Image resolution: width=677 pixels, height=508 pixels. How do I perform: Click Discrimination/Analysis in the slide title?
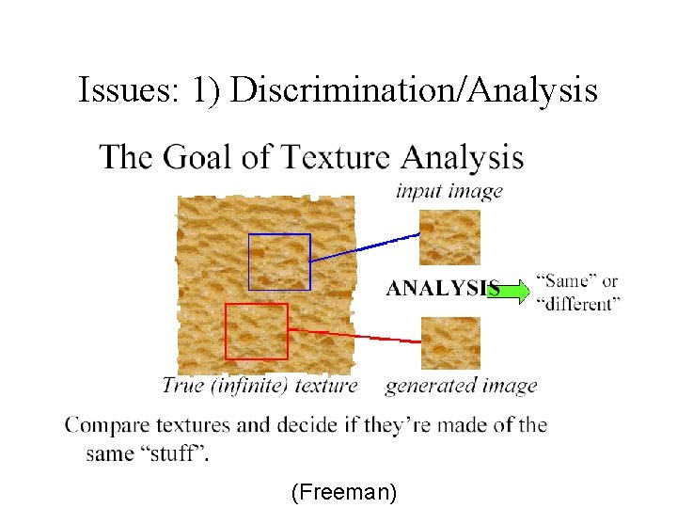(x=414, y=90)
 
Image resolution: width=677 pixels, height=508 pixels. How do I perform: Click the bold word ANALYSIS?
(x=442, y=289)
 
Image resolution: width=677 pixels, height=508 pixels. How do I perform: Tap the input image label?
(x=449, y=191)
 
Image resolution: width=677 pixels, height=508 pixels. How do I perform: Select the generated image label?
(x=461, y=385)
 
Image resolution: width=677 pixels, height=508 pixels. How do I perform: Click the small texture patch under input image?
(x=449, y=237)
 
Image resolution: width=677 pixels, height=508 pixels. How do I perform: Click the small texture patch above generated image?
(x=449, y=342)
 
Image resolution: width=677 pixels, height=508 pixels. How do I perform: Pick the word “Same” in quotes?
(x=563, y=280)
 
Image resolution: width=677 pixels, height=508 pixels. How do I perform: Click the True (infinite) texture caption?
(x=260, y=385)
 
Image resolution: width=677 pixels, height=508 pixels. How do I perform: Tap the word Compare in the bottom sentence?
(x=103, y=425)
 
